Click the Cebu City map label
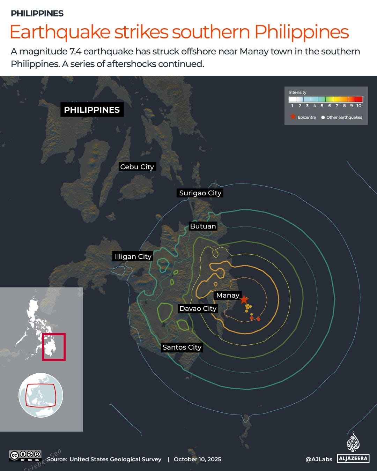pos(137,167)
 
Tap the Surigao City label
pos(200,193)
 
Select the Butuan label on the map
pos(203,226)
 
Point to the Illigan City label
pos(133,256)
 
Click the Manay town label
pos(228,295)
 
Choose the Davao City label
pos(198,308)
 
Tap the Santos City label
pos(182,347)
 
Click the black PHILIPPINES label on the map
pos(92,110)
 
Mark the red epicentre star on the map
pos(244,300)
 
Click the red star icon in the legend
pos(293,117)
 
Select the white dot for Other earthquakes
pos(323,118)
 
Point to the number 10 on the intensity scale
pos(359,106)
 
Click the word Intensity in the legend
pos(297,92)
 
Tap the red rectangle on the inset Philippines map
pos(54,347)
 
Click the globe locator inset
pos(41,395)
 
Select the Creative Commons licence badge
pos(25,455)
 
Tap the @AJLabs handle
pos(319,459)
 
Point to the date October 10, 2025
pos(197,459)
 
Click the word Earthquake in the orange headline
pos(60,32)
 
